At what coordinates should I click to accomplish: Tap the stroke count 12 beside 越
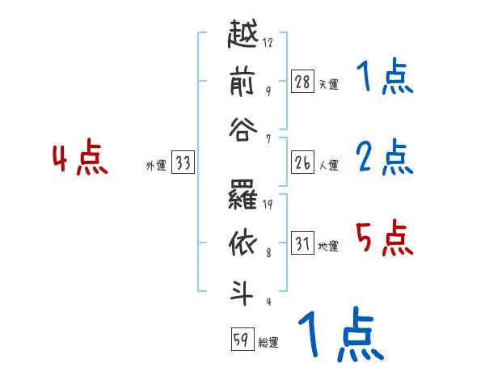coord(268,43)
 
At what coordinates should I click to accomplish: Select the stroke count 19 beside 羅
coord(268,205)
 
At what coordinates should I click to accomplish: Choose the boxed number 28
coord(302,82)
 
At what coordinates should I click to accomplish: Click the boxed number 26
coord(302,163)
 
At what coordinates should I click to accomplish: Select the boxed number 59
coord(241,340)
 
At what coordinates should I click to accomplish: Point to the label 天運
coord(328,84)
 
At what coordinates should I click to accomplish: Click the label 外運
coord(156,166)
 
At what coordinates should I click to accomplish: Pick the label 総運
coord(268,343)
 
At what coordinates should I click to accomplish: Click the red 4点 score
coord(80,159)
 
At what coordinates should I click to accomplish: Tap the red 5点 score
coord(384,239)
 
